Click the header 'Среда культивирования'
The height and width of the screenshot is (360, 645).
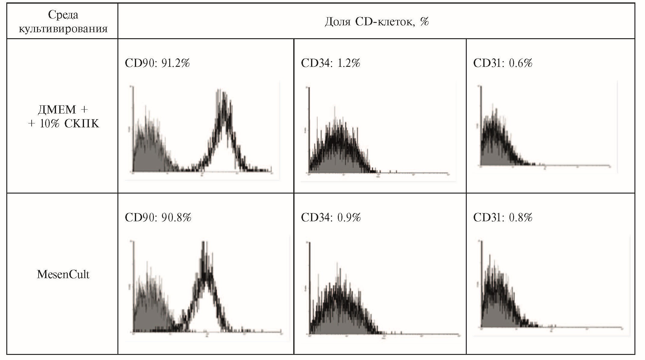63,22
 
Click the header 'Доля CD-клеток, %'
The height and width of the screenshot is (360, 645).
377,22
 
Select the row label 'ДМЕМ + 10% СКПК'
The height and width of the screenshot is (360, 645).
63,116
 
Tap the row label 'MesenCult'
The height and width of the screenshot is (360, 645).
63,275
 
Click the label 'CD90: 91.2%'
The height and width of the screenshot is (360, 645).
157,63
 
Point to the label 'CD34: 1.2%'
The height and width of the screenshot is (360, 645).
330,63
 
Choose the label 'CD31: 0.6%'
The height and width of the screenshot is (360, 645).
503,63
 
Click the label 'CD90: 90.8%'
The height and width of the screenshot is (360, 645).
158,218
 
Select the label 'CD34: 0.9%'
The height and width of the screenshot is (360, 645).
331,218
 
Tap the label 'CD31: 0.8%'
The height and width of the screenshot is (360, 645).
503,218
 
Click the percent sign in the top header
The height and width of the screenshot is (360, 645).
425,22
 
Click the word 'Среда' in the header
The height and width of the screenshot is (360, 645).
63,14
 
